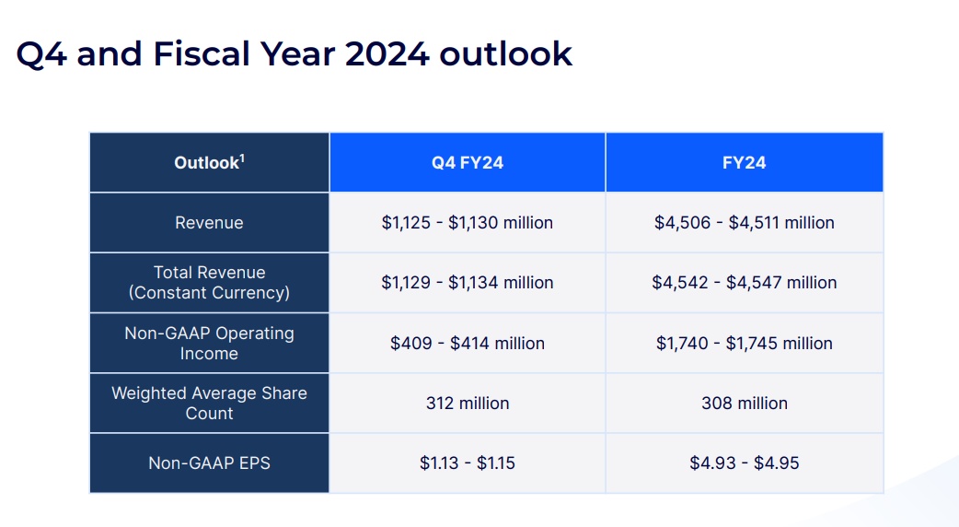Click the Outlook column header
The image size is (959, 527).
coord(209,163)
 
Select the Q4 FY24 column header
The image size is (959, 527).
coord(468,163)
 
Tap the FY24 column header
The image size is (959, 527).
coord(744,163)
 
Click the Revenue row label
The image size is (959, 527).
coord(209,223)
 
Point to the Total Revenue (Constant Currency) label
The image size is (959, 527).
coord(209,283)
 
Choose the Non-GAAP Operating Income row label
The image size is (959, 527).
coord(209,343)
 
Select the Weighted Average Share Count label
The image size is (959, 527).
coord(209,403)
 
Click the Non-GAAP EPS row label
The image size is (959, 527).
coord(209,463)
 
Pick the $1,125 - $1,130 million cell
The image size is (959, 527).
coord(468,223)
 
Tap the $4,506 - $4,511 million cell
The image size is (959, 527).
coord(744,223)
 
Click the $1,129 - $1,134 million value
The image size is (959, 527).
coord(468,283)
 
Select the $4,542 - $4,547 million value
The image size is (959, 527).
coord(744,283)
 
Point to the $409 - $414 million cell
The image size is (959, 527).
coord(468,343)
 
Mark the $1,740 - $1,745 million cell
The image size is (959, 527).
coord(744,343)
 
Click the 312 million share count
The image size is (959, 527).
coord(468,403)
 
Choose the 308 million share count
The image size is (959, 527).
coord(744,403)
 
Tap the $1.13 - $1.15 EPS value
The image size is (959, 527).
coord(468,463)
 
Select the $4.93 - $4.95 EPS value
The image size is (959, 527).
coord(744,463)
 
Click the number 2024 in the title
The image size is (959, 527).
coord(387,53)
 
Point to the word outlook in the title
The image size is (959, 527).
coord(505,53)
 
